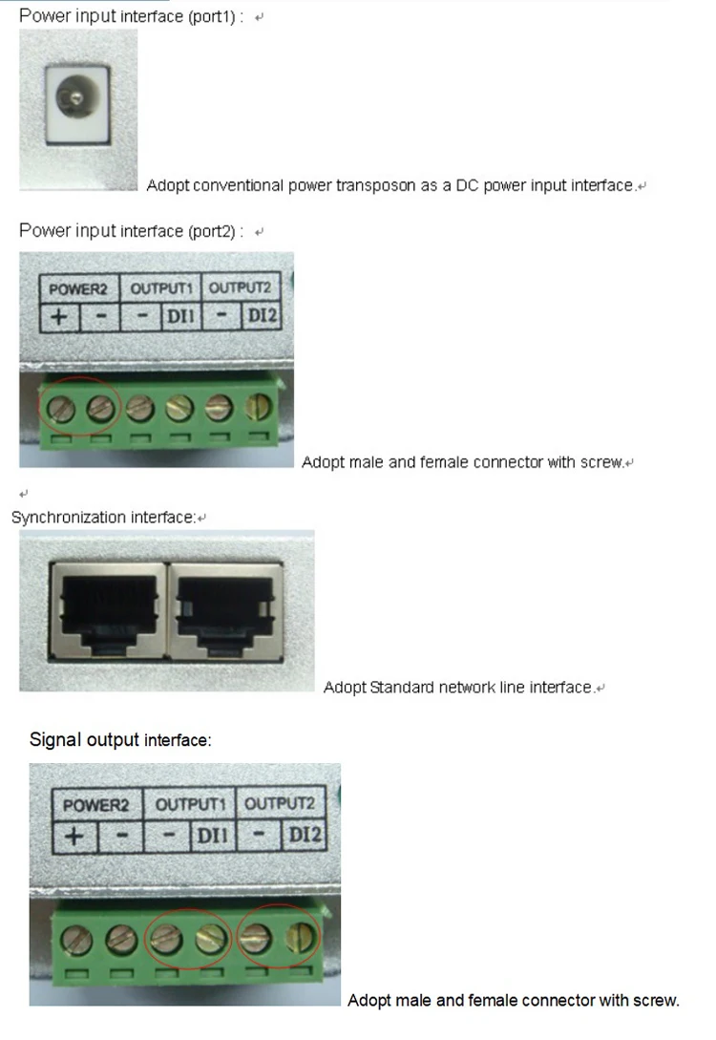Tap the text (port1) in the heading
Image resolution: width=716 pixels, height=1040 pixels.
coord(218,16)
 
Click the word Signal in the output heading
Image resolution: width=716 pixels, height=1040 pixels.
coord(55,739)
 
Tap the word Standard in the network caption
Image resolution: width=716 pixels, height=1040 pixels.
coord(402,687)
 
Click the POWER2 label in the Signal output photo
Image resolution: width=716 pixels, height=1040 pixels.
coord(96,805)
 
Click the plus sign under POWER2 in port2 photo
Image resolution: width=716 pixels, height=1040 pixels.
coord(59,316)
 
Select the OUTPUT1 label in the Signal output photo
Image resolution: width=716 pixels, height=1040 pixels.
coord(190,805)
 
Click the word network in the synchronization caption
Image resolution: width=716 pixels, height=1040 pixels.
coord(466,687)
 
